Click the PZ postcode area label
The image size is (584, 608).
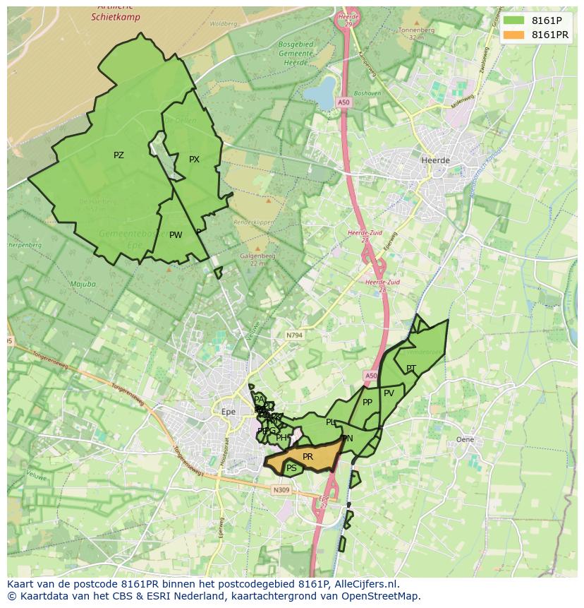[118, 155]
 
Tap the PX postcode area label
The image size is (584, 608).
[194, 160]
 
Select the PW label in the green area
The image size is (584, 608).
[176, 235]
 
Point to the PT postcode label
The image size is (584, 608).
[410, 369]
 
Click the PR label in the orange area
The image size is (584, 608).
[308, 457]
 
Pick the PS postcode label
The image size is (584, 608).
[291, 468]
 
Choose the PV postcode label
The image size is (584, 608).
[389, 393]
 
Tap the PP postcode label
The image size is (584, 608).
[367, 403]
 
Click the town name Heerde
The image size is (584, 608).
[434, 160]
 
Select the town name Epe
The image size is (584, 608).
[228, 412]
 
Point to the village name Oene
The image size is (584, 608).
[465, 439]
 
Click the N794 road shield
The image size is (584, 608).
[294, 335]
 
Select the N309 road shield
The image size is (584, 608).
[281, 490]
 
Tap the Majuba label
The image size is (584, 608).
[83, 285]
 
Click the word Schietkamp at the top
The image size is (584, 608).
[116, 17]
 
